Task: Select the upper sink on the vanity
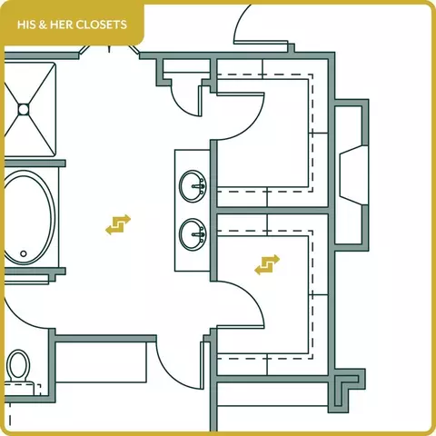click(193, 186)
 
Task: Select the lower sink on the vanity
click(193, 234)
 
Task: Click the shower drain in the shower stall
click(24, 110)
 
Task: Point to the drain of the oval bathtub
click(24, 253)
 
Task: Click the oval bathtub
click(29, 217)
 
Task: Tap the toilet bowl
click(18, 364)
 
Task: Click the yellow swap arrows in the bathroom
click(118, 224)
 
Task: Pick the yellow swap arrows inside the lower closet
click(267, 264)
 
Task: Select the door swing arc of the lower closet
click(253, 294)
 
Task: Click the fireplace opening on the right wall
click(353, 175)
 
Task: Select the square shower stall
click(30, 110)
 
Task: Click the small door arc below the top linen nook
click(183, 106)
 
